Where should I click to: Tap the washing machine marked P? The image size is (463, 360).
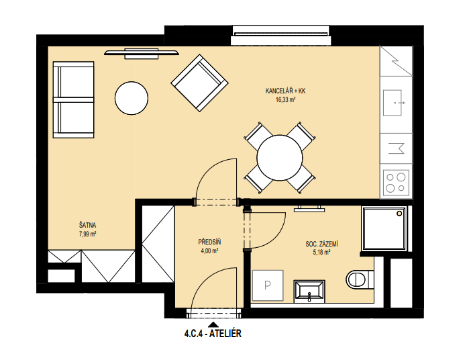pyautogui.click(x=268, y=285)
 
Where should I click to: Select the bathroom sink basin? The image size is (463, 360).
pyautogui.click(x=309, y=291)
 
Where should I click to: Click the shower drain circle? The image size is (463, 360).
pyautogui.click(x=399, y=213)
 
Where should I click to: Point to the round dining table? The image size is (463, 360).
pyautogui.click(x=280, y=158)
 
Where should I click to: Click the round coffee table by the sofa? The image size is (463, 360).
pyautogui.click(x=132, y=98)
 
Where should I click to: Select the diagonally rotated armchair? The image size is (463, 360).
pyautogui.click(x=200, y=83)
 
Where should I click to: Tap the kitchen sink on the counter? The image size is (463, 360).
pyautogui.click(x=393, y=103)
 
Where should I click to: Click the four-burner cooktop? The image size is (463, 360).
pyautogui.click(x=396, y=183)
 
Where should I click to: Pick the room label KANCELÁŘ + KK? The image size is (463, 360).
pyautogui.click(x=286, y=91)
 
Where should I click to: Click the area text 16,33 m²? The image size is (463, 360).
pyautogui.click(x=286, y=100)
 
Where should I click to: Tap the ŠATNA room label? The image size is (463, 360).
pyautogui.click(x=87, y=225)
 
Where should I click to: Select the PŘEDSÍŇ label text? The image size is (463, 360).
pyautogui.click(x=209, y=242)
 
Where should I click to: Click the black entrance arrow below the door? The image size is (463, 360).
pyautogui.click(x=213, y=324)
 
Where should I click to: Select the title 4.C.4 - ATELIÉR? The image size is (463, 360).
pyautogui.click(x=213, y=334)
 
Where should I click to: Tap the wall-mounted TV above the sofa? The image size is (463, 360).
pyautogui.click(x=142, y=53)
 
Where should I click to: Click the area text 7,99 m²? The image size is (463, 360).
pyautogui.click(x=87, y=234)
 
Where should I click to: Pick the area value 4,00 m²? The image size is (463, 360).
pyautogui.click(x=209, y=251)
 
